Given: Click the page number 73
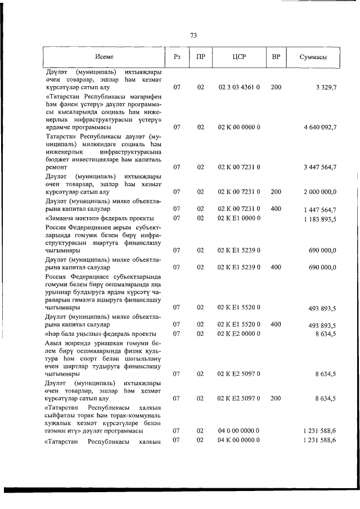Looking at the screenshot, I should tap(193, 35).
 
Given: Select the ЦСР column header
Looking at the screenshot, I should tap(239, 57).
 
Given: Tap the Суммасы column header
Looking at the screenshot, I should tap(314, 57).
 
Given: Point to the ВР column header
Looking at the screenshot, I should tap(276, 57).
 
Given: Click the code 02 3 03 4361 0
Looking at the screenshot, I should tap(239, 88).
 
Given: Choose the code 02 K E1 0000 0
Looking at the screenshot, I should tap(239, 218).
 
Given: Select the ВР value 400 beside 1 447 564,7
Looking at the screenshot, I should tap(276, 209).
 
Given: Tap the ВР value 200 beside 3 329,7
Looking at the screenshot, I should tap(276, 88).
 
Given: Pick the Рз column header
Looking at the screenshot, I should tap(177, 57).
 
